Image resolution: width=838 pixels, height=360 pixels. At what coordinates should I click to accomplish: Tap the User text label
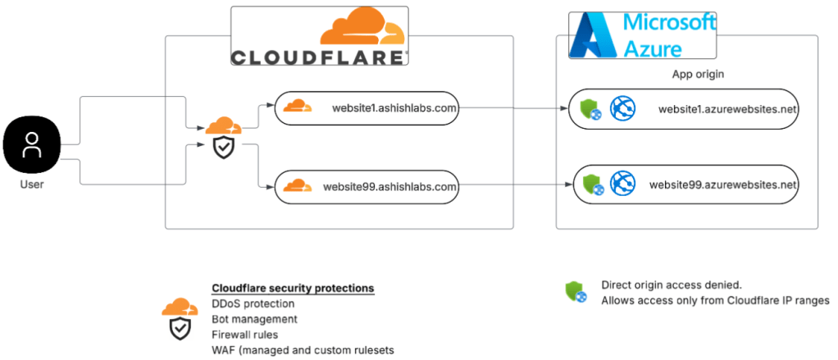tap(32, 185)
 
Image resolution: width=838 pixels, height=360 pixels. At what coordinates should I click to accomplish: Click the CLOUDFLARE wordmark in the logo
tap(318, 57)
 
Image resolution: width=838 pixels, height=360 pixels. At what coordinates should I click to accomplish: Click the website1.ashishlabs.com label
tap(394, 107)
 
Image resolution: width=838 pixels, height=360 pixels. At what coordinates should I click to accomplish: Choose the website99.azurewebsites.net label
tap(722, 185)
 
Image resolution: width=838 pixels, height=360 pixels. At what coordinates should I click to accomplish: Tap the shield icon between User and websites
tap(222, 147)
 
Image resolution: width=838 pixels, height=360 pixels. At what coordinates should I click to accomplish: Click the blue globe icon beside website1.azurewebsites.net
tap(623, 107)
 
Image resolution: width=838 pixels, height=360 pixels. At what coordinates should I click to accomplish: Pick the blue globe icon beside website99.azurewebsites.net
tap(624, 184)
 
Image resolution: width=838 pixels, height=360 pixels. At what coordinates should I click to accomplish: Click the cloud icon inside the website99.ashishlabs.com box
tap(298, 185)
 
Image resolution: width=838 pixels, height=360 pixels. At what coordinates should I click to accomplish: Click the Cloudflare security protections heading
tap(293, 289)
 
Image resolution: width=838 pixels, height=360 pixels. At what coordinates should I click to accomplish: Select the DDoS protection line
tap(253, 303)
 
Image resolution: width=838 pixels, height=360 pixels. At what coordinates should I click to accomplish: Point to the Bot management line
tap(254, 319)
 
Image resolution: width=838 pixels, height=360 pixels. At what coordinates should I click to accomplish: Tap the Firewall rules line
tap(244, 335)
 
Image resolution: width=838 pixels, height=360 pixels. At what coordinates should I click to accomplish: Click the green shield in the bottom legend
tap(575, 291)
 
